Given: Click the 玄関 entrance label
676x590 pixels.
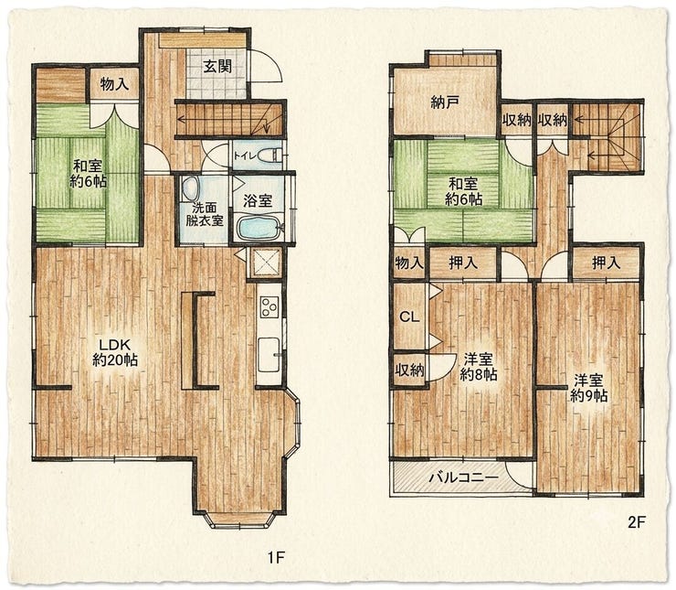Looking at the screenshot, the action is point(217,67).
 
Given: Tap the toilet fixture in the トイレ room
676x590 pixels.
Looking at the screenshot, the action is point(271,155).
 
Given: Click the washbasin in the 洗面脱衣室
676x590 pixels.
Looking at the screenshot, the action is point(190,188).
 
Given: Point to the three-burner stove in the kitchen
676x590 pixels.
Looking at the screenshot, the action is point(269,306).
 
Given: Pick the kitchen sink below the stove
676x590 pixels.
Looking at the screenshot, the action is point(269,355).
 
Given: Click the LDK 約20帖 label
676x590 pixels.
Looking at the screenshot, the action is point(115,352).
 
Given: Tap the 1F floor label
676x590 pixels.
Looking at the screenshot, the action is point(276,558).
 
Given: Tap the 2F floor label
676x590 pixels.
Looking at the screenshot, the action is point(636,522).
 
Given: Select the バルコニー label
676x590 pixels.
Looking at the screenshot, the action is point(463,477).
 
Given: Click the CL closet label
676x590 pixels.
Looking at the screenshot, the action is point(409,317).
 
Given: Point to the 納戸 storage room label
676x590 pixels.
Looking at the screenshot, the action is point(445,102).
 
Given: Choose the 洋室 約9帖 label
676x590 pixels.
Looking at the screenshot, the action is point(589,388).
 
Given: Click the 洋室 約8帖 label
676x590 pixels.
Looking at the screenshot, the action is point(479,367).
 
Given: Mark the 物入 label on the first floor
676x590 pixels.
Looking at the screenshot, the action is point(114,84).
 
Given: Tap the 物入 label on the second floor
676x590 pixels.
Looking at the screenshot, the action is point(409,263).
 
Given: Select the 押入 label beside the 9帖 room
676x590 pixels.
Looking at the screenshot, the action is point(607,263).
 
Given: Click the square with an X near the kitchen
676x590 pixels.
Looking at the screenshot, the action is point(265,263).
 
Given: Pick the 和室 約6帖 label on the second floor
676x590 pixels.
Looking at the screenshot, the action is point(463,191).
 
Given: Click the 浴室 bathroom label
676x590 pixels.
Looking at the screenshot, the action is point(258,200).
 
